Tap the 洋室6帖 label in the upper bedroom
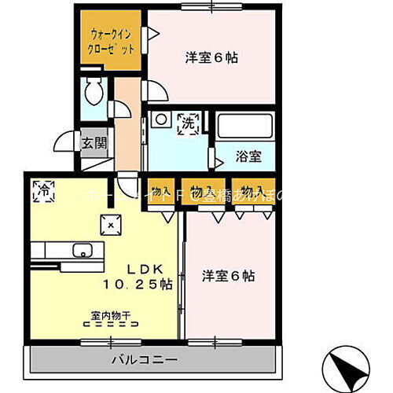coord(212,57)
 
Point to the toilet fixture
coord(94,93)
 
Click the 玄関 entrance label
coord(92,143)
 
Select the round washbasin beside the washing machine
coord(160,119)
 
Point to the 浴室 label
coord(248,157)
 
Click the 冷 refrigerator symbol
coord(44,190)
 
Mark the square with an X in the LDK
coord(111,224)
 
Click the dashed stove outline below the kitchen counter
coord(78,264)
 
